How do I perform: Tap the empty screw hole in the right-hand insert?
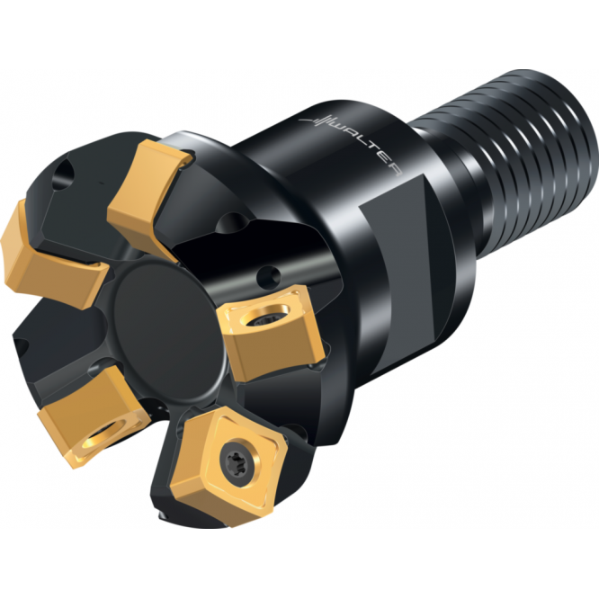(268, 318)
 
